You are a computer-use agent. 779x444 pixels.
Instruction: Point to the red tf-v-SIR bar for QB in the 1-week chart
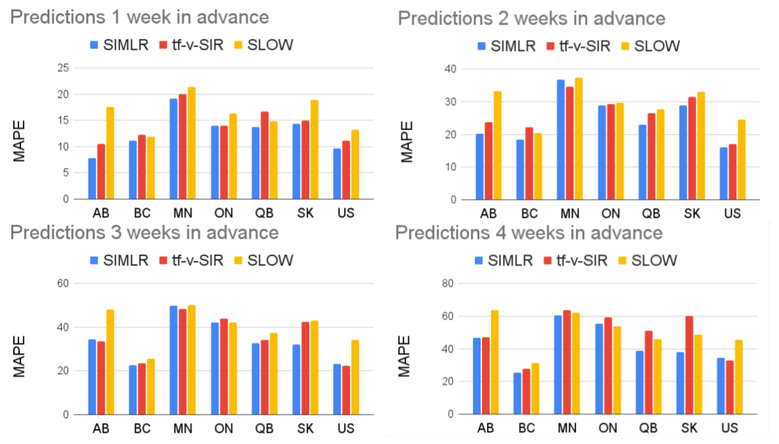pos(265,156)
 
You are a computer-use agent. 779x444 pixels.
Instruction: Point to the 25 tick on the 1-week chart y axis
pos(63,68)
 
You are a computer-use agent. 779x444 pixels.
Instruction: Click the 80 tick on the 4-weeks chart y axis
pos(448,284)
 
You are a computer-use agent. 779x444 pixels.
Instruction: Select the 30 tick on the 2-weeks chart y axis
pos(450,102)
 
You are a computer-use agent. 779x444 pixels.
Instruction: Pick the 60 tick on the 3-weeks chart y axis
pos(63,284)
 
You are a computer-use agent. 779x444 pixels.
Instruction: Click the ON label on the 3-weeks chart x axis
pos(224,428)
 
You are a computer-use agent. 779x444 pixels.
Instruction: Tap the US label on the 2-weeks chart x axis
pos(732,213)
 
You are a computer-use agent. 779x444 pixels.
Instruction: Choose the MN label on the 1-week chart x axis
pos(183,213)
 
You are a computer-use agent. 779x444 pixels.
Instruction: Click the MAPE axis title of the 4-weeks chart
pos(404,356)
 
